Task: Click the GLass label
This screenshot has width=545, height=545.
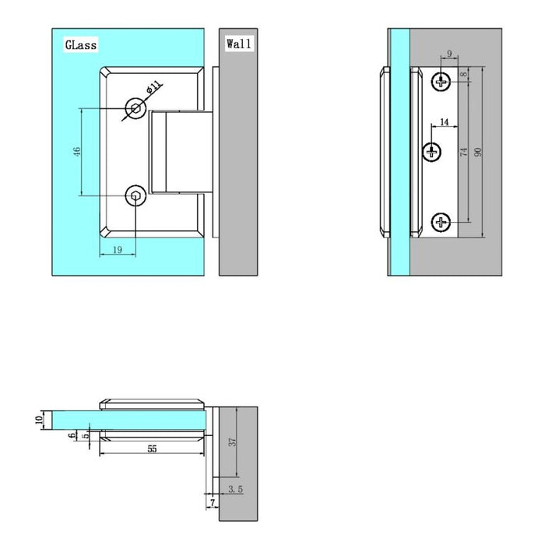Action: click(x=80, y=45)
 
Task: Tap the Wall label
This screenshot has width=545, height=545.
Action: click(x=238, y=44)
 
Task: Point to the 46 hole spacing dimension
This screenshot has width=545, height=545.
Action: click(x=76, y=151)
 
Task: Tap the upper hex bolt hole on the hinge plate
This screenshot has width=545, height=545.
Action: click(x=137, y=107)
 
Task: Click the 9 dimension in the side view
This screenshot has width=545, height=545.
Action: click(x=450, y=54)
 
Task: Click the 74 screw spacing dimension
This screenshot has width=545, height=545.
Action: click(x=464, y=152)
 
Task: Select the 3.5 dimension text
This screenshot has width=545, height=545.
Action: click(x=234, y=489)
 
